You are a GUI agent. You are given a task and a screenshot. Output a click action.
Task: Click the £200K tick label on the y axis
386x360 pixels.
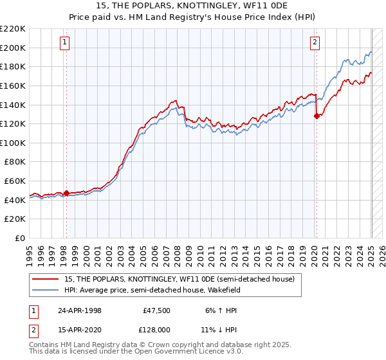coord(14,48)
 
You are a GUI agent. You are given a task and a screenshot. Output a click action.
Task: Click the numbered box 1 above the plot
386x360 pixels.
coord(66,43)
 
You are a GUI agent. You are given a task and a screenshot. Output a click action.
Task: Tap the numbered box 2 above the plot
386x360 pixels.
coord(315,43)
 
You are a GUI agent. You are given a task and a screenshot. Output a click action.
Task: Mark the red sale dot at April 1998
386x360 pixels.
coord(66,193)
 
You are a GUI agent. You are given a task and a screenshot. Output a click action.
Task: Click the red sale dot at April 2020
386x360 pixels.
coord(316,116)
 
